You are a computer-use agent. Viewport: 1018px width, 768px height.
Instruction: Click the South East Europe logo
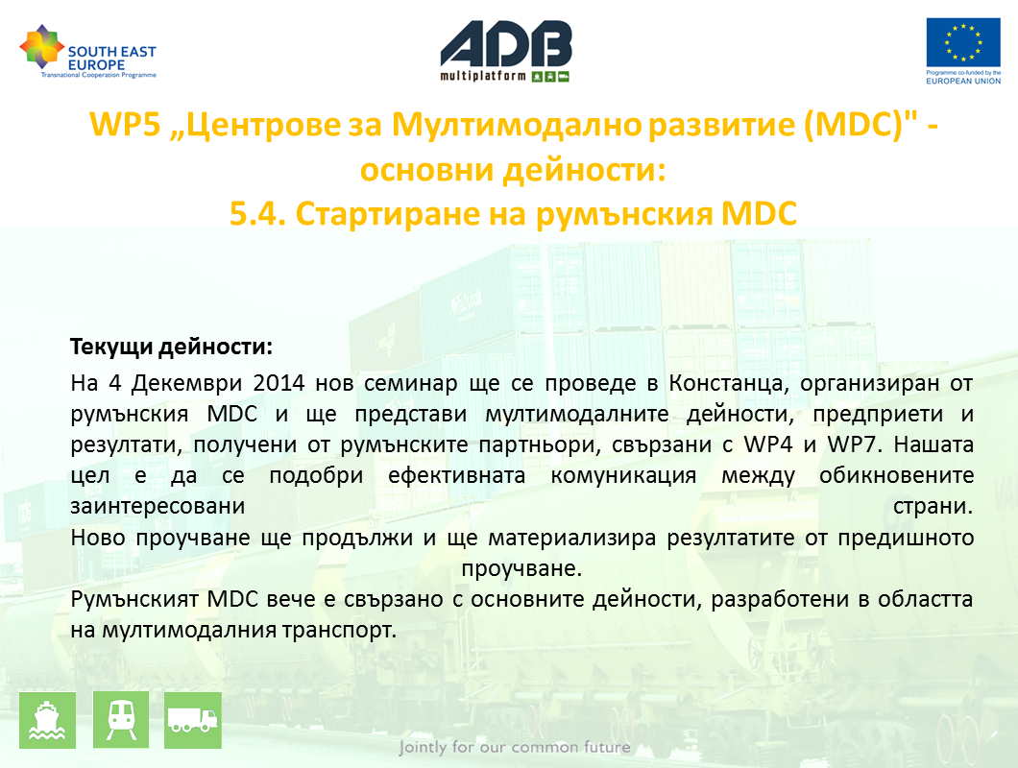(x=88, y=51)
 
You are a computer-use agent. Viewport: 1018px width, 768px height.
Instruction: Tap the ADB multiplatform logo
(x=506, y=51)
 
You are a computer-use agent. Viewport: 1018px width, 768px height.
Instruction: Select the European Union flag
(x=963, y=42)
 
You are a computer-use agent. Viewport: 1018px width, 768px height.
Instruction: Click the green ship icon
(x=47, y=720)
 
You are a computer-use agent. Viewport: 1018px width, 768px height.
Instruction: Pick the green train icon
(x=121, y=720)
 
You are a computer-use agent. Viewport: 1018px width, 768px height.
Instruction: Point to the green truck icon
(x=193, y=720)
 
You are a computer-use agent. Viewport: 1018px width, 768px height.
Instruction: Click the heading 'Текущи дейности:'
(x=171, y=347)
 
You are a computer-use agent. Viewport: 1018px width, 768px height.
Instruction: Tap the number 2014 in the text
(x=279, y=382)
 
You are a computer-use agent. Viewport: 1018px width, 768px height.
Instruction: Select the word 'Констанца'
(x=729, y=383)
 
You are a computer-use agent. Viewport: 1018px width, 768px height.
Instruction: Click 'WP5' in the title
(x=125, y=124)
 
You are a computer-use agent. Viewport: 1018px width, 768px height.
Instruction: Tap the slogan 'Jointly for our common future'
(x=514, y=747)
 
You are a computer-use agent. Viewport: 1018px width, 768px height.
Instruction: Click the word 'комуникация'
(x=623, y=476)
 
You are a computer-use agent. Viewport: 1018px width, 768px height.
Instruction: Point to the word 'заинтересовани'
(x=158, y=506)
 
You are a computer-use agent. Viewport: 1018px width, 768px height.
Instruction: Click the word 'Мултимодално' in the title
(x=517, y=124)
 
